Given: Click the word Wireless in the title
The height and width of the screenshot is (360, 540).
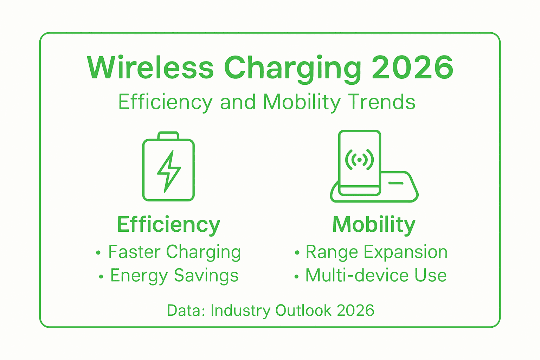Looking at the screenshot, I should (150, 67).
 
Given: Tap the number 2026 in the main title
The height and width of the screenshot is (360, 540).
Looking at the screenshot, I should (412, 67).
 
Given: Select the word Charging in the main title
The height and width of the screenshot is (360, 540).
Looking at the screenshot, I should (292, 68).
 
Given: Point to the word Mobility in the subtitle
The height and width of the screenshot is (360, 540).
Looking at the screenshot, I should (302, 102).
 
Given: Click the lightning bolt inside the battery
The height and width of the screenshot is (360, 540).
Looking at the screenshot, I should (169, 171).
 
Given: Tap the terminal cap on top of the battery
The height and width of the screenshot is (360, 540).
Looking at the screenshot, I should (168, 136).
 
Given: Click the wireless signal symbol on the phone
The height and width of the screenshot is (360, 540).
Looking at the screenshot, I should (359, 160).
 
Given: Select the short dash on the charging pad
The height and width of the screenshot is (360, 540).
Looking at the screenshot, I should (396, 183).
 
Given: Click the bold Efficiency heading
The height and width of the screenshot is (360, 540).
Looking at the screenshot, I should (168, 225).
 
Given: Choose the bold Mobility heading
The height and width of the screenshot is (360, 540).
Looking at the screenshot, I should (374, 224).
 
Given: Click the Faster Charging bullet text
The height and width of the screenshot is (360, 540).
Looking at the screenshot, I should (174, 252).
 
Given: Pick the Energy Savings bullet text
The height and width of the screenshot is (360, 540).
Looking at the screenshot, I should (174, 276).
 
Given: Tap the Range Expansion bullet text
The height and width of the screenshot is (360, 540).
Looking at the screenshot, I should (377, 252).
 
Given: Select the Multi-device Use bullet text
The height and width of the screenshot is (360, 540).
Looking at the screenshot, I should (376, 275).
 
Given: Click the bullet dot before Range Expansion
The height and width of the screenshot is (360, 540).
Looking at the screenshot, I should (297, 252).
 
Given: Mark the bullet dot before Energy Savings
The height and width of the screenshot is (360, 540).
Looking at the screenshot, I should (101, 277).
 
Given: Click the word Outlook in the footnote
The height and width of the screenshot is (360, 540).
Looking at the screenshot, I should (303, 310).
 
